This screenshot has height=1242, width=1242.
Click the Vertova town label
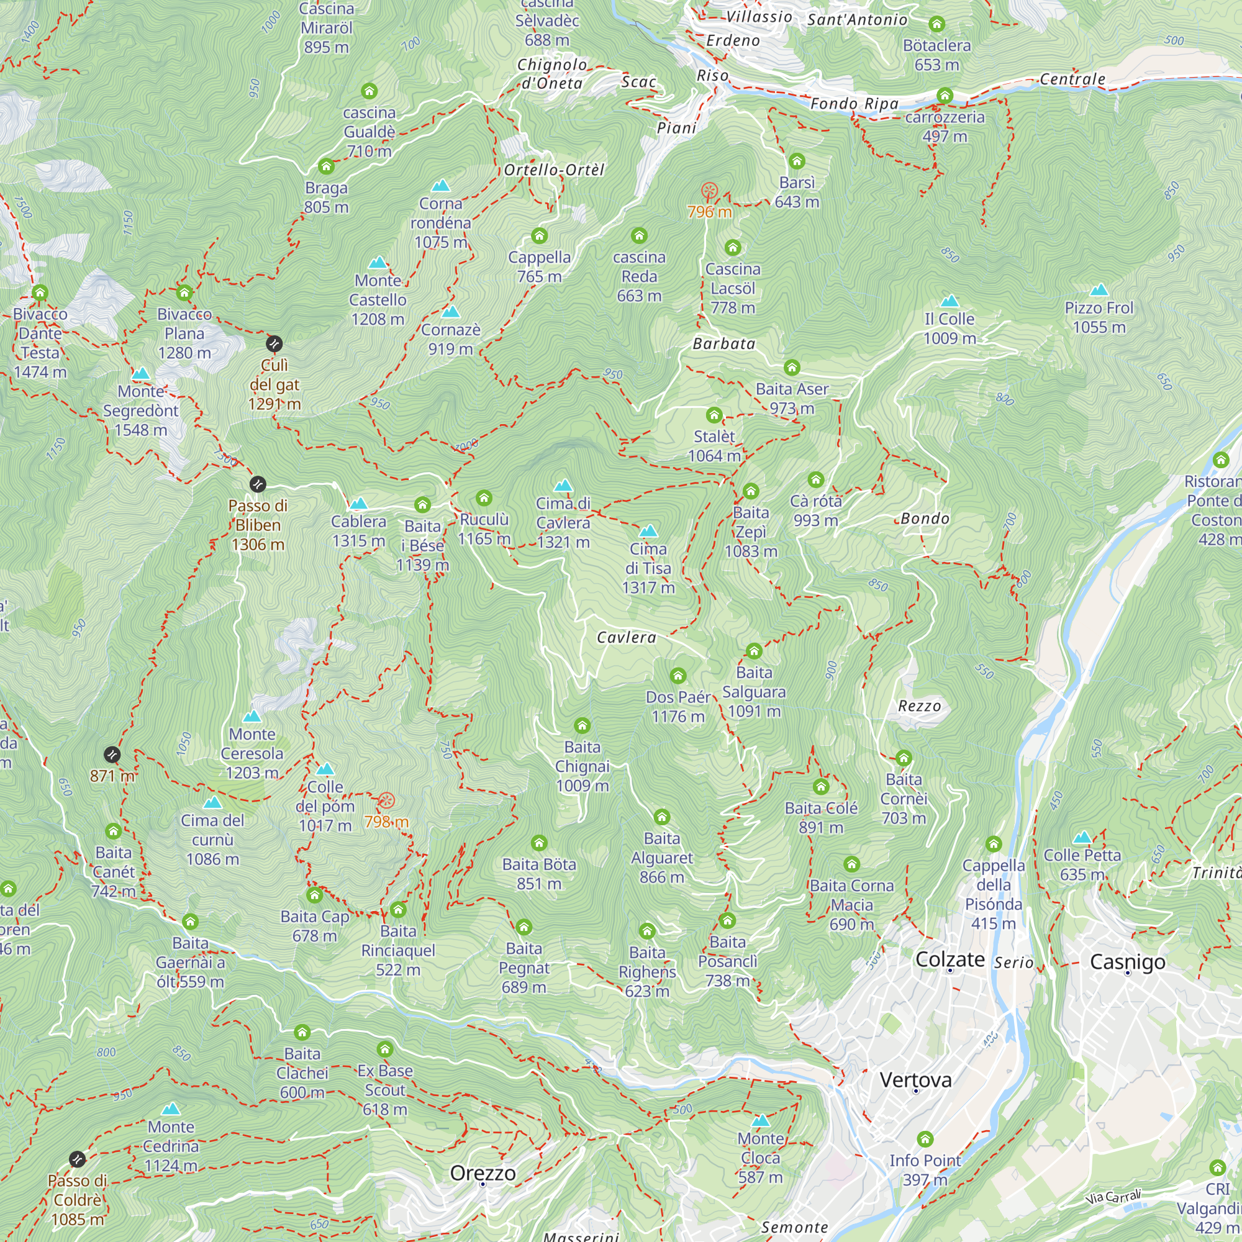(915, 1079)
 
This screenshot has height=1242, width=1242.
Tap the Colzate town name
(950, 959)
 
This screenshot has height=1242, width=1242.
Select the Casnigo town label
(1128, 962)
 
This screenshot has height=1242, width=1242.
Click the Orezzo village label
(483, 1172)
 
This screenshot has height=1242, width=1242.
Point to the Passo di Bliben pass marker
(258, 484)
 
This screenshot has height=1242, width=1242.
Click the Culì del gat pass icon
(274, 344)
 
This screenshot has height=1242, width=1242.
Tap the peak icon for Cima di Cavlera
(563, 485)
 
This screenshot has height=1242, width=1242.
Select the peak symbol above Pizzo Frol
(1099, 289)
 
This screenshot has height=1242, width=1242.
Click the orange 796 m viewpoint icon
(709, 191)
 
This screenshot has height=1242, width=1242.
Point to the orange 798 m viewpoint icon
(386, 800)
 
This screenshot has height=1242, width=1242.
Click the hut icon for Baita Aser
(791, 367)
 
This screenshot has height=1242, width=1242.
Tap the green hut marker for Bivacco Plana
(184, 293)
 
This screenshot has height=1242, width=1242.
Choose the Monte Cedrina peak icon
(170, 1109)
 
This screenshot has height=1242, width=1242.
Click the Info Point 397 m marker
(925, 1139)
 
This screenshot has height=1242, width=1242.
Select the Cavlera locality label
(626, 637)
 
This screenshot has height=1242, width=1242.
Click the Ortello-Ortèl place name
(554, 170)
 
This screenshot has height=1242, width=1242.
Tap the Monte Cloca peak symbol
(761, 1120)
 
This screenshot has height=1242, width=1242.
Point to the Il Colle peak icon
(950, 301)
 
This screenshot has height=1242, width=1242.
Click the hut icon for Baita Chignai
(582, 726)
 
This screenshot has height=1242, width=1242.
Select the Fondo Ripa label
(854, 104)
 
